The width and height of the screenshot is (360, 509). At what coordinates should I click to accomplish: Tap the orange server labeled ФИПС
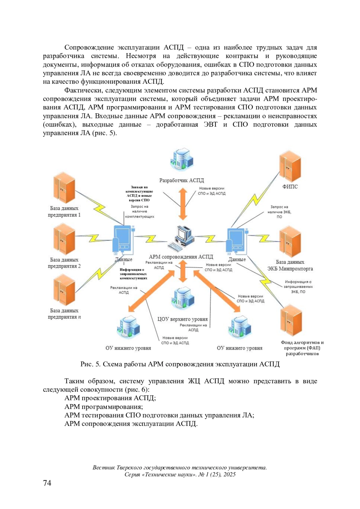pyautogui.click(x=290, y=167)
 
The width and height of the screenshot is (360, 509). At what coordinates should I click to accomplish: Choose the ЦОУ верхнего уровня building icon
pyautogui.click(x=182, y=298)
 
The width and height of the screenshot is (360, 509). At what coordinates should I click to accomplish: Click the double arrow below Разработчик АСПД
pyautogui.click(x=183, y=204)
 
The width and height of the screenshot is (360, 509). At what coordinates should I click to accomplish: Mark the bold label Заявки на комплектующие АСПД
pyautogui.click(x=139, y=194)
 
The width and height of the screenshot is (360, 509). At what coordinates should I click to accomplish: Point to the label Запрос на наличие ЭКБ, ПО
pyautogui.click(x=279, y=212)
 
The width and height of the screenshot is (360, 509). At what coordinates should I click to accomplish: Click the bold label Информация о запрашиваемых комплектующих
pyautogui.click(x=133, y=274)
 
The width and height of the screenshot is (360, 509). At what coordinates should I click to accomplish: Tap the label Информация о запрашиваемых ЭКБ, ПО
pyautogui.click(x=298, y=287)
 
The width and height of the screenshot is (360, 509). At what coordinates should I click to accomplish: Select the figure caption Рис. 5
pyautogui.click(x=180, y=364)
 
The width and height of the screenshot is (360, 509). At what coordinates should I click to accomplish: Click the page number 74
pyautogui.click(x=47, y=483)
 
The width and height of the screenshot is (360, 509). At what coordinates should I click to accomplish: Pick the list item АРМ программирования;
pyautogui.click(x=103, y=407)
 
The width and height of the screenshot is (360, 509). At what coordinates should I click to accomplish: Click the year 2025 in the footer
pyautogui.click(x=229, y=475)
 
